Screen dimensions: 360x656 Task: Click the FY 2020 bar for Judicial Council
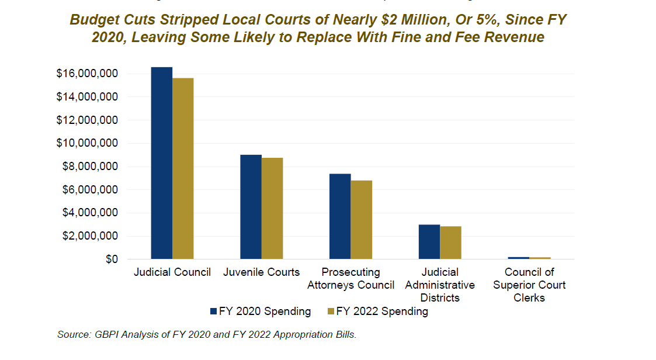tap(162, 163)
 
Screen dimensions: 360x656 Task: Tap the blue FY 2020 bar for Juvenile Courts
tap(251, 207)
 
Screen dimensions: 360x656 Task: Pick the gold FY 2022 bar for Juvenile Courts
tap(272, 209)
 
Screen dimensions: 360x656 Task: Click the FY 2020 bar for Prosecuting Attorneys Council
tap(340, 216)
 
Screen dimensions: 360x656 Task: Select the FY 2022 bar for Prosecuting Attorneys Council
tap(362, 220)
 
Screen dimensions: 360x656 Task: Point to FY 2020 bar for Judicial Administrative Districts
tap(429, 242)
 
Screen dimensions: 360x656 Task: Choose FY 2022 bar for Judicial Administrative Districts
tap(450, 243)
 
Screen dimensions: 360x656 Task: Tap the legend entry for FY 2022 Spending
tap(377, 311)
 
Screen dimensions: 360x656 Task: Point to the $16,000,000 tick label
tap(87, 74)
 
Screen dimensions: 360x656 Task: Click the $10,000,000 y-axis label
tap(87, 143)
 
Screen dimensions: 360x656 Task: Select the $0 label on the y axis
tap(110, 259)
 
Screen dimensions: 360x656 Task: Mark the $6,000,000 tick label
tap(90, 190)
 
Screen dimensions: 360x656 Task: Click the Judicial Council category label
tap(172, 272)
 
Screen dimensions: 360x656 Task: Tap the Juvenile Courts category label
tap(261, 272)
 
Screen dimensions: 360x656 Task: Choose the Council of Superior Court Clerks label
tap(529, 285)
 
